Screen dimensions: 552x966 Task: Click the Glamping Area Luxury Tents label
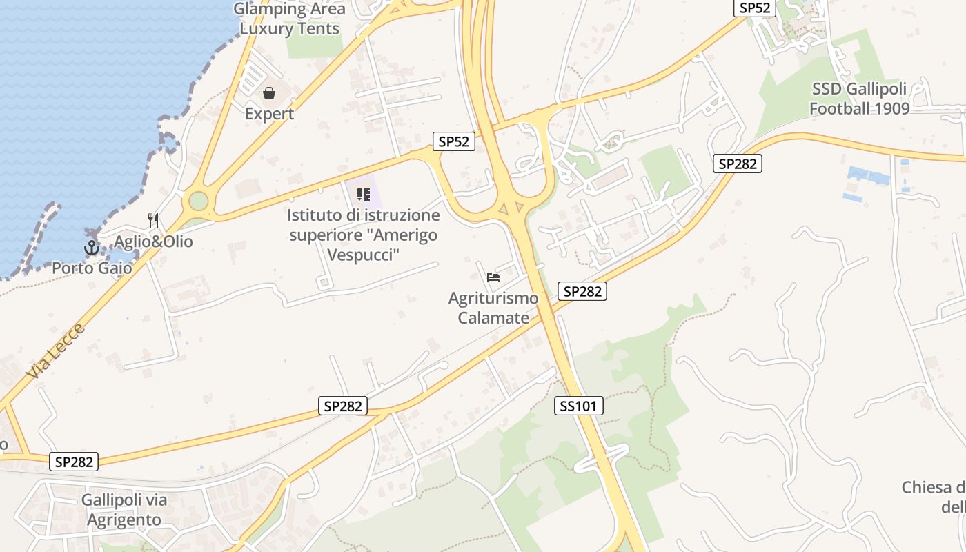click(289, 19)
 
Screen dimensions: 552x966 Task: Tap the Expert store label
click(269, 114)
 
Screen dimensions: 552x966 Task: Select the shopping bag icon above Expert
click(269, 92)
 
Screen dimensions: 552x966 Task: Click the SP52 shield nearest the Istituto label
click(454, 141)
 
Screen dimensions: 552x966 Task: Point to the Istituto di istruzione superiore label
click(364, 235)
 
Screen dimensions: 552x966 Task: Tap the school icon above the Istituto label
click(364, 195)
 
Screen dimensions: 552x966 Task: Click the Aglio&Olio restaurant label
click(153, 241)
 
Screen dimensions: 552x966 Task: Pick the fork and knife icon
click(153, 221)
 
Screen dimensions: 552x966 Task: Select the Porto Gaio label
click(92, 268)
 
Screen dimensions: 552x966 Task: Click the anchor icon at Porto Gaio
click(92, 248)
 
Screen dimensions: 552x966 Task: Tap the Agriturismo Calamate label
click(493, 308)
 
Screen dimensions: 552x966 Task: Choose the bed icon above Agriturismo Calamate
click(493, 277)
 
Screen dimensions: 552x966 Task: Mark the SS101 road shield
click(578, 406)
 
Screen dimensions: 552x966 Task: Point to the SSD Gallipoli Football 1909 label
click(859, 99)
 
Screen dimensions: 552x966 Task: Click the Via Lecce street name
click(56, 351)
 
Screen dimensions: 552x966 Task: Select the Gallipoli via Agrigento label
click(124, 509)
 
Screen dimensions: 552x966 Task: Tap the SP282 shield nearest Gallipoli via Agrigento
click(74, 462)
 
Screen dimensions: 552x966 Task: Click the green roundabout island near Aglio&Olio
click(198, 201)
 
